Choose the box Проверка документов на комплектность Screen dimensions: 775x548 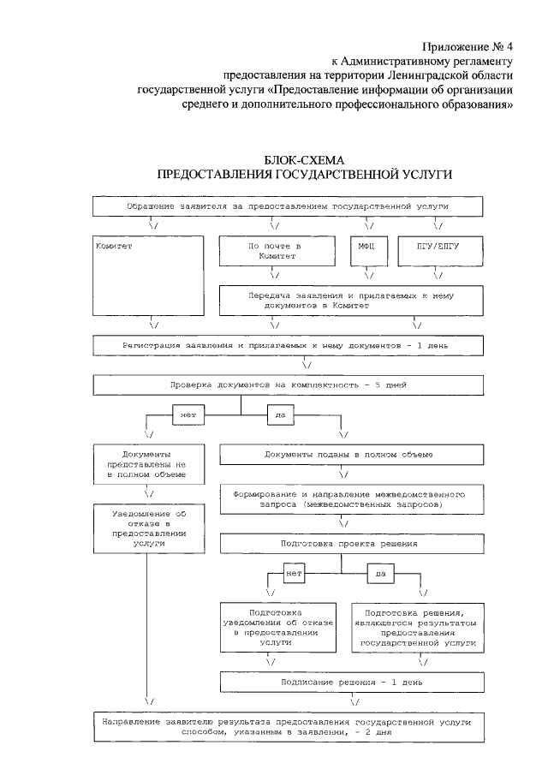point(288,385)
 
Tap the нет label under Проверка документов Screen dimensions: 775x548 point(186,415)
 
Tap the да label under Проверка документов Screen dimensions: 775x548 point(279,415)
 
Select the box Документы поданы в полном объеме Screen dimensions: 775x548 point(343,454)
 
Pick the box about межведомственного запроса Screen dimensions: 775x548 point(343,500)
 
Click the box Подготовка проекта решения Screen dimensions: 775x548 point(343,544)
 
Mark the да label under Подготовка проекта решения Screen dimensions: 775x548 point(378,573)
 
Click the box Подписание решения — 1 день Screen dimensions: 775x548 point(343,682)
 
